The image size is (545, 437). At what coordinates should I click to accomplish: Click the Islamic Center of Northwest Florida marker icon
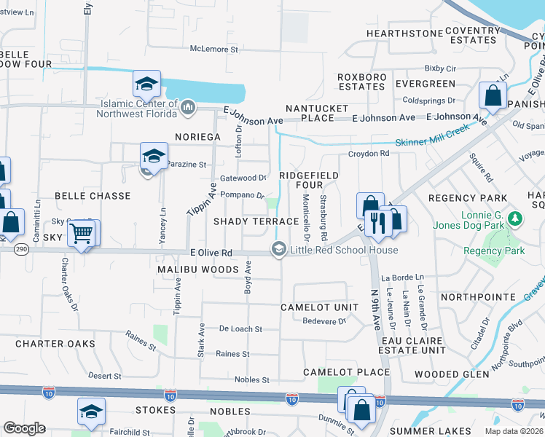pos(188,109)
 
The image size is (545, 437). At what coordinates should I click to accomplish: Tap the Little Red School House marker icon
pos(278,250)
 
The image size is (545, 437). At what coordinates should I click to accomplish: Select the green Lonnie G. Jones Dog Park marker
pos(515,219)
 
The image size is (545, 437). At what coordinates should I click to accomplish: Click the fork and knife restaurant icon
pos(377,222)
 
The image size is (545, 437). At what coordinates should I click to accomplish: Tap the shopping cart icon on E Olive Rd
pos(82,234)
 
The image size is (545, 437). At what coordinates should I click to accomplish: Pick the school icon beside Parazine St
pos(154,156)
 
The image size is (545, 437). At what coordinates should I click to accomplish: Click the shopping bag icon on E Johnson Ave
pos(493,96)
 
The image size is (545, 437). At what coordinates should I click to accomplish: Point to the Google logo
pos(23,428)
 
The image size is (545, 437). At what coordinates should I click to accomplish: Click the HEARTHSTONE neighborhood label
pos(405,34)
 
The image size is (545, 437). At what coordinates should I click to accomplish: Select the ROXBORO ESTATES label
pos(361,81)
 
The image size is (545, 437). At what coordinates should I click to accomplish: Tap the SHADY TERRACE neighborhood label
pos(246,221)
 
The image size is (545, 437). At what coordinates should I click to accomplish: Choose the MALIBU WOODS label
pos(199,269)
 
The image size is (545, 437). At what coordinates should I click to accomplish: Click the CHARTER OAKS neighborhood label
pos(55,343)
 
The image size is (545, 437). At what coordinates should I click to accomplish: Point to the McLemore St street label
pos(214,50)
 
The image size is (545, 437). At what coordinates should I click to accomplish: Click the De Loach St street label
pos(240,329)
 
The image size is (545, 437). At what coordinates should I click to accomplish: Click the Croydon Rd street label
pos(369,154)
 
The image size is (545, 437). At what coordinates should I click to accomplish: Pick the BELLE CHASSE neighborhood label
pos(92,196)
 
